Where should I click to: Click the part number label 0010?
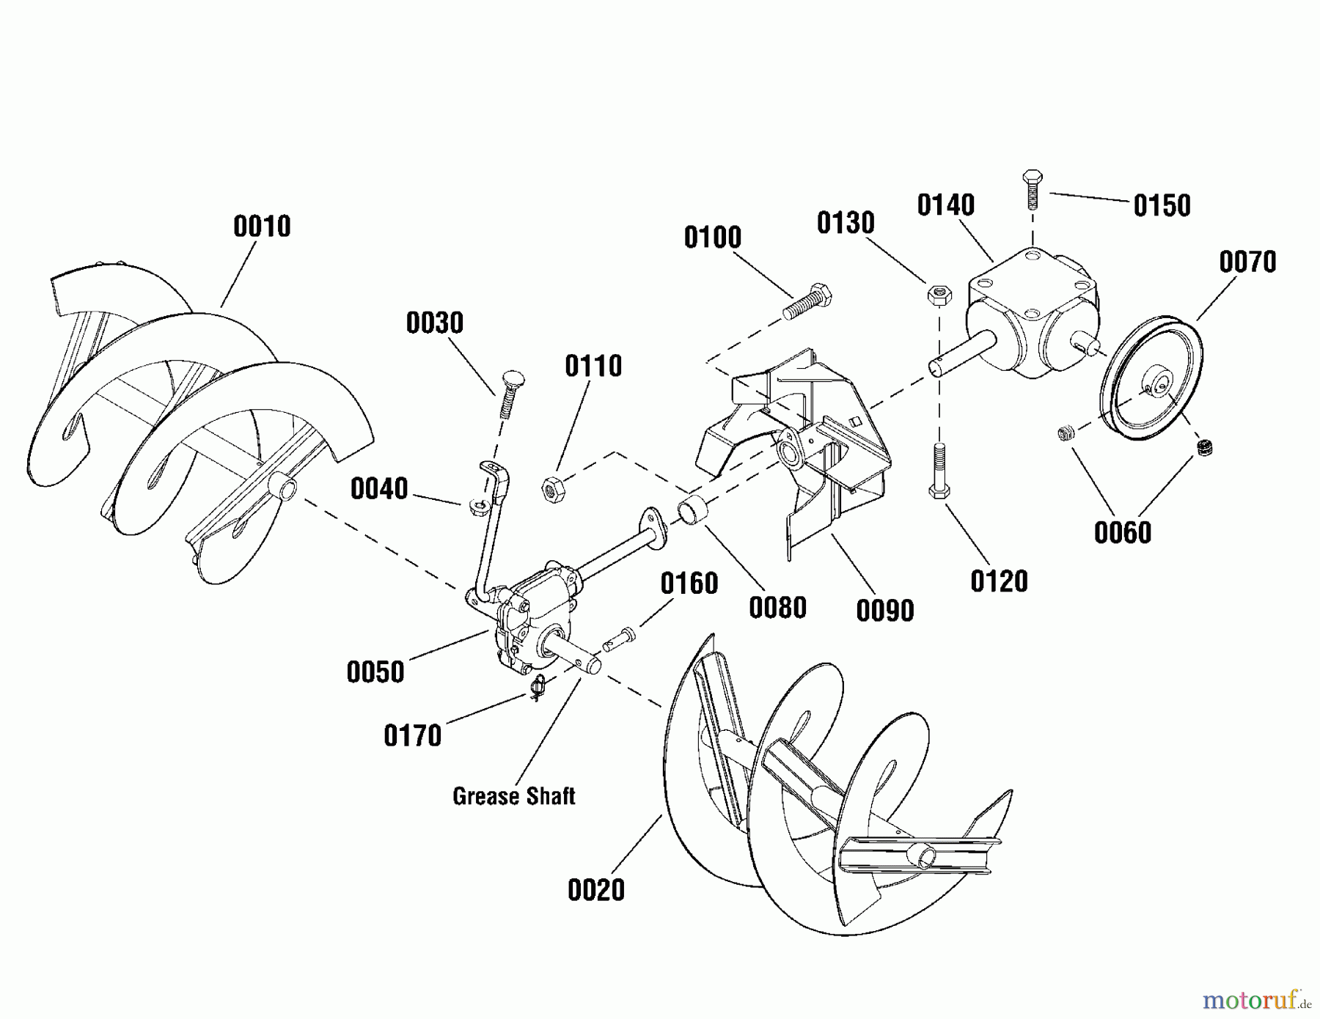pos(262,227)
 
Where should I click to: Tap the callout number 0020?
pos(595,890)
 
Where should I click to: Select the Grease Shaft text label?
pos(513,796)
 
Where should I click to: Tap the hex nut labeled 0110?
pos(552,489)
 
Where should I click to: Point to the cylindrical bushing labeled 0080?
pos(693,510)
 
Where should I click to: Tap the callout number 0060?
pos(1122,533)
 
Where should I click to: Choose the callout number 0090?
pos(884,610)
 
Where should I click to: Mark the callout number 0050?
pos(375,672)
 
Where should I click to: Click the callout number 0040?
pos(378,489)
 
